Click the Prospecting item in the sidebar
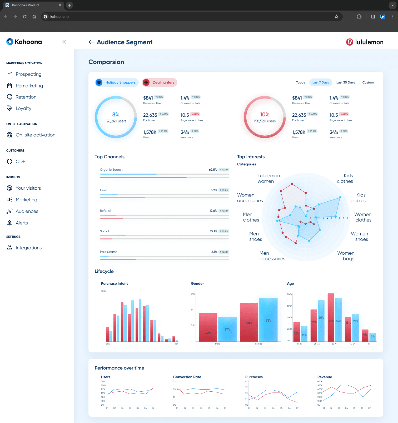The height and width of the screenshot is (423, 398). [28, 74]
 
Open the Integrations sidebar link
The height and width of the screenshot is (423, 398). [28, 248]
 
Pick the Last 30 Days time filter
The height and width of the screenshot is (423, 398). [345, 82]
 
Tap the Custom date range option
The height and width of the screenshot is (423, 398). [368, 82]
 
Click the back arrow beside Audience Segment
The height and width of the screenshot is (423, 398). [91, 42]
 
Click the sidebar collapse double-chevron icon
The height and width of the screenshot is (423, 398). [64, 42]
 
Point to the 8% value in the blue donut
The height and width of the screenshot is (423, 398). [116, 115]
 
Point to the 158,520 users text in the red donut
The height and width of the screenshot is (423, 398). [265, 121]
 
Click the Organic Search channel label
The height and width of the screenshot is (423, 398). [111, 170]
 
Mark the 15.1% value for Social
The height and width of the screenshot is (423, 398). [213, 231]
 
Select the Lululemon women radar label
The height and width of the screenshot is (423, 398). [268, 178]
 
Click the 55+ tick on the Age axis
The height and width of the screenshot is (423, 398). [370, 344]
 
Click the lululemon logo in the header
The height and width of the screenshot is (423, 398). [365, 42]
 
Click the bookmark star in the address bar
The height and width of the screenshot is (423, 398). [336, 17]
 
